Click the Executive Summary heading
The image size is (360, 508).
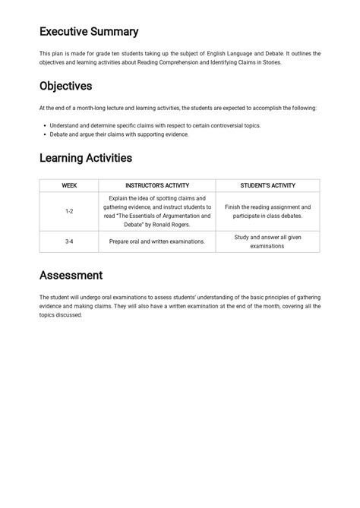[x=89, y=32]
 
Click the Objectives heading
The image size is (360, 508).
[x=65, y=86]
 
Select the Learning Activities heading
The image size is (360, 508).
[x=86, y=158]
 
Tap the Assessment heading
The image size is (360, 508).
[x=71, y=275]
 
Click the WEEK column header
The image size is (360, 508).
[x=69, y=185]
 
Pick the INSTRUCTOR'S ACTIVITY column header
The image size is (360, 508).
[x=157, y=185]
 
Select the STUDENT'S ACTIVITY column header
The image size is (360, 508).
[x=267, y=185]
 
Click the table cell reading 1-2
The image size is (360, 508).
[x=69, y=211]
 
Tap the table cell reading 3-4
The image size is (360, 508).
[x=69, y=241]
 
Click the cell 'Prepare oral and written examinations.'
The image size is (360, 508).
[x=157, y=241]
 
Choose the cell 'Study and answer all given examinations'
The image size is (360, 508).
[x=267, y=241]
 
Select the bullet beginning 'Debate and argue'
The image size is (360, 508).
[x=119, y=134]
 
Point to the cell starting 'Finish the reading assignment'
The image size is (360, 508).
[x=267, y=211]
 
